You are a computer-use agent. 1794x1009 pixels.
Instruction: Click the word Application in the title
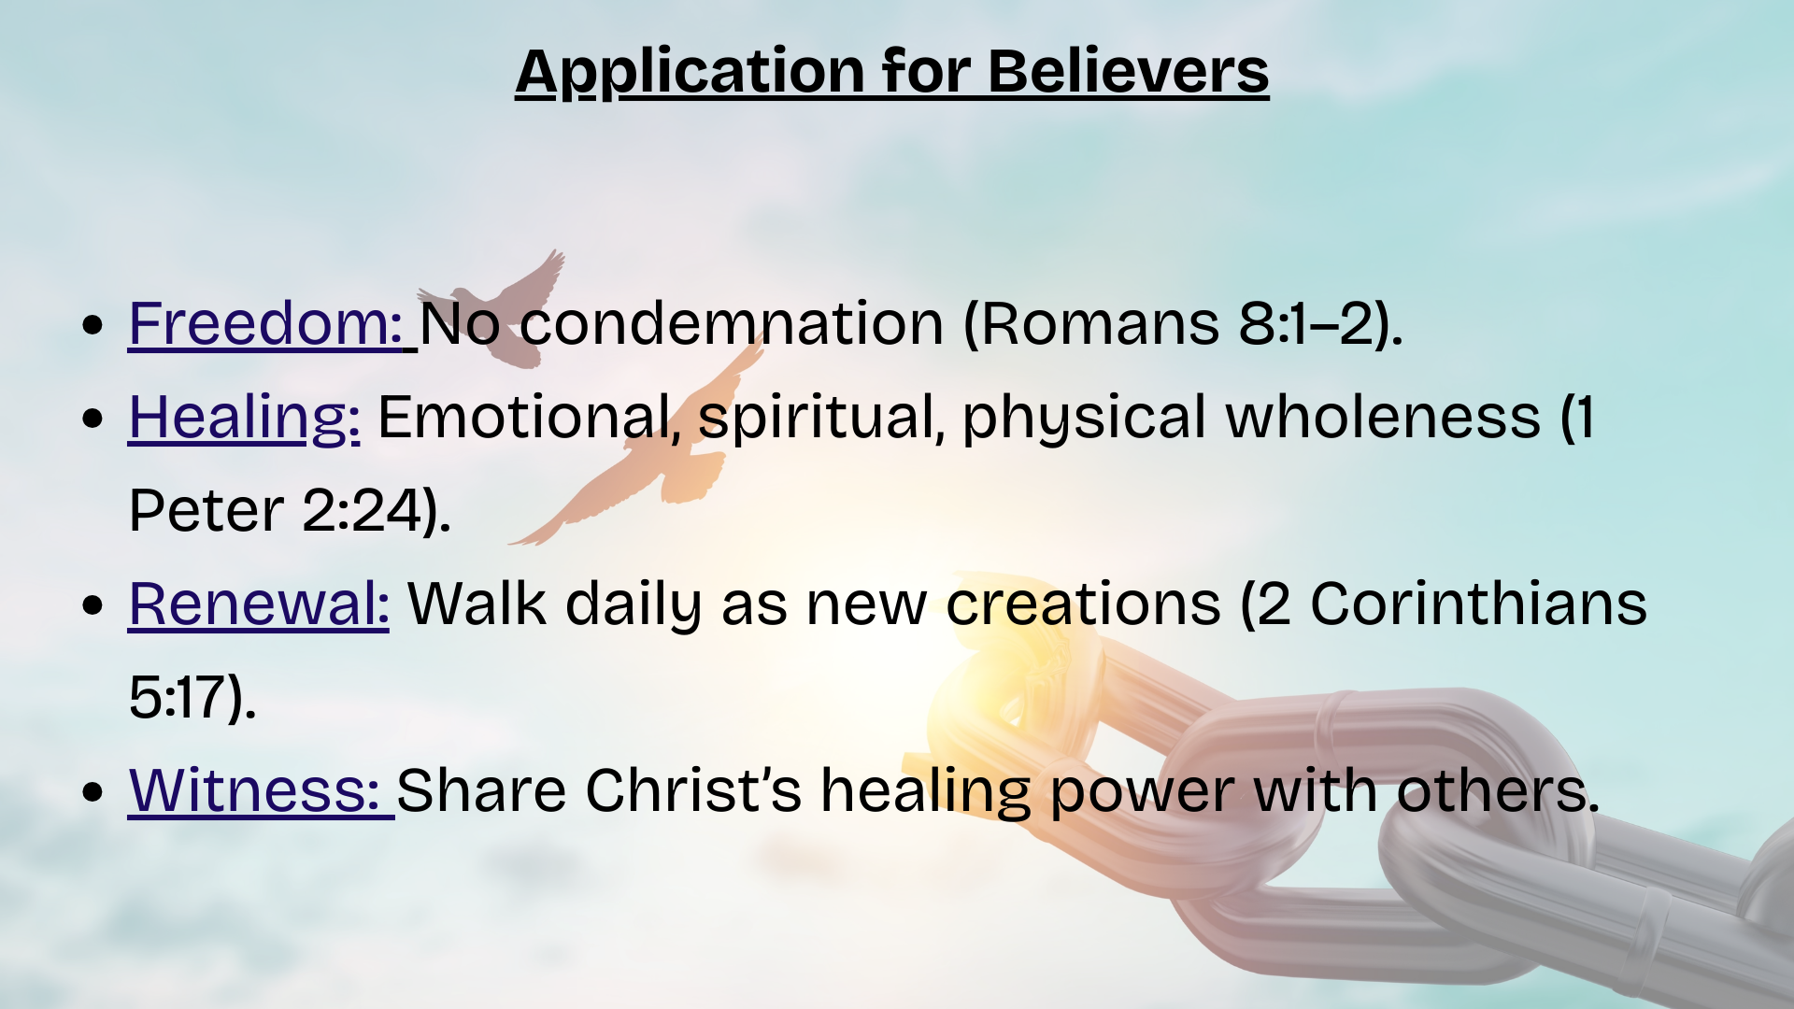[691, 73]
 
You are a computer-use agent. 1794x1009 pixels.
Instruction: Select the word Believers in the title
[1129, 71]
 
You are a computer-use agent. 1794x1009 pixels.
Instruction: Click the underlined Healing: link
[244, 418]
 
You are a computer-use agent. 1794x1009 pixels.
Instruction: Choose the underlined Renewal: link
[259, 604]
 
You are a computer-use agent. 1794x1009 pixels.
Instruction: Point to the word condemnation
[732, 323]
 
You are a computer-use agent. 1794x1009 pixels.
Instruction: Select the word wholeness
[1383, 417]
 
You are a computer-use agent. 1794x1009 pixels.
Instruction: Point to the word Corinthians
[1478, 604]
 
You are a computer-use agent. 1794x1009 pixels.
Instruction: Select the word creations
[1083, 604]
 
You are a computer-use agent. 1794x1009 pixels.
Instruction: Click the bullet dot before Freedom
[92, 325]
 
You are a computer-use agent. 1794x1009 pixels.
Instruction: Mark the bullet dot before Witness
[92, 792]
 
